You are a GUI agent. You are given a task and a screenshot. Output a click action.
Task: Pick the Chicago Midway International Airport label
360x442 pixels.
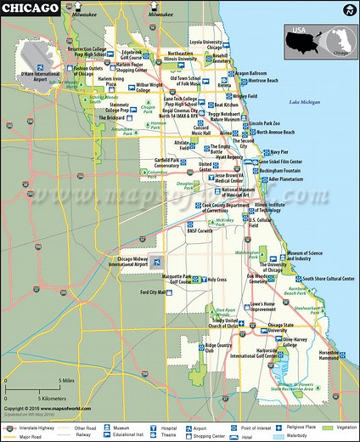click(130, 261)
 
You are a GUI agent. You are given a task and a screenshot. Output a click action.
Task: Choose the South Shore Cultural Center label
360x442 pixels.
click(328, 278)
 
